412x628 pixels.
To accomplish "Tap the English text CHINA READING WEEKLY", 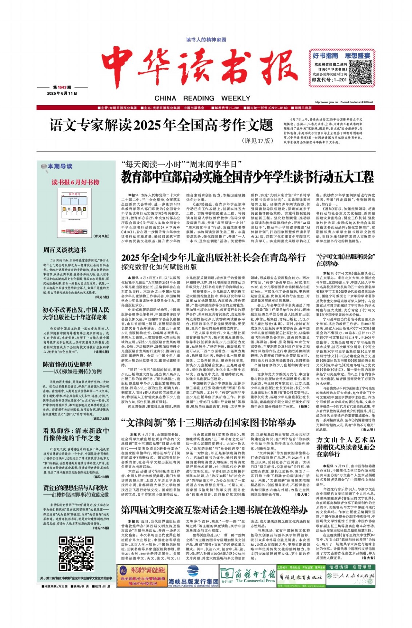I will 202,98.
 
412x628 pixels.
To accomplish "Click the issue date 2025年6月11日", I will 62,93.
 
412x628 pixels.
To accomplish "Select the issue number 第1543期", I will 62,87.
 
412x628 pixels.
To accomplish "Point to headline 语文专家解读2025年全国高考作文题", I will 161,126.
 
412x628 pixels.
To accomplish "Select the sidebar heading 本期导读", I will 60,166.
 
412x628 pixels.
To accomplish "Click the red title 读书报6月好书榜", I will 75,182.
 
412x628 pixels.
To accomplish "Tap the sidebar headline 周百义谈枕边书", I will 65,250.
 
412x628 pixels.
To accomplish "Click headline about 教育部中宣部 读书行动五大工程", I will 247,177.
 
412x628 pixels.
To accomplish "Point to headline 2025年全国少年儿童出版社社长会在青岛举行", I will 213,258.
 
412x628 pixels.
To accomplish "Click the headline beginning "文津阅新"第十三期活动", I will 208,423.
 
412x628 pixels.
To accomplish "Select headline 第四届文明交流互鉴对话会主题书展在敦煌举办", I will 214,510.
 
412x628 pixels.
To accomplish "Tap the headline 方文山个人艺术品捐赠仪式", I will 345,447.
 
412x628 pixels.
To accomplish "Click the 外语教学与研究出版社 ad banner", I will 142,576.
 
